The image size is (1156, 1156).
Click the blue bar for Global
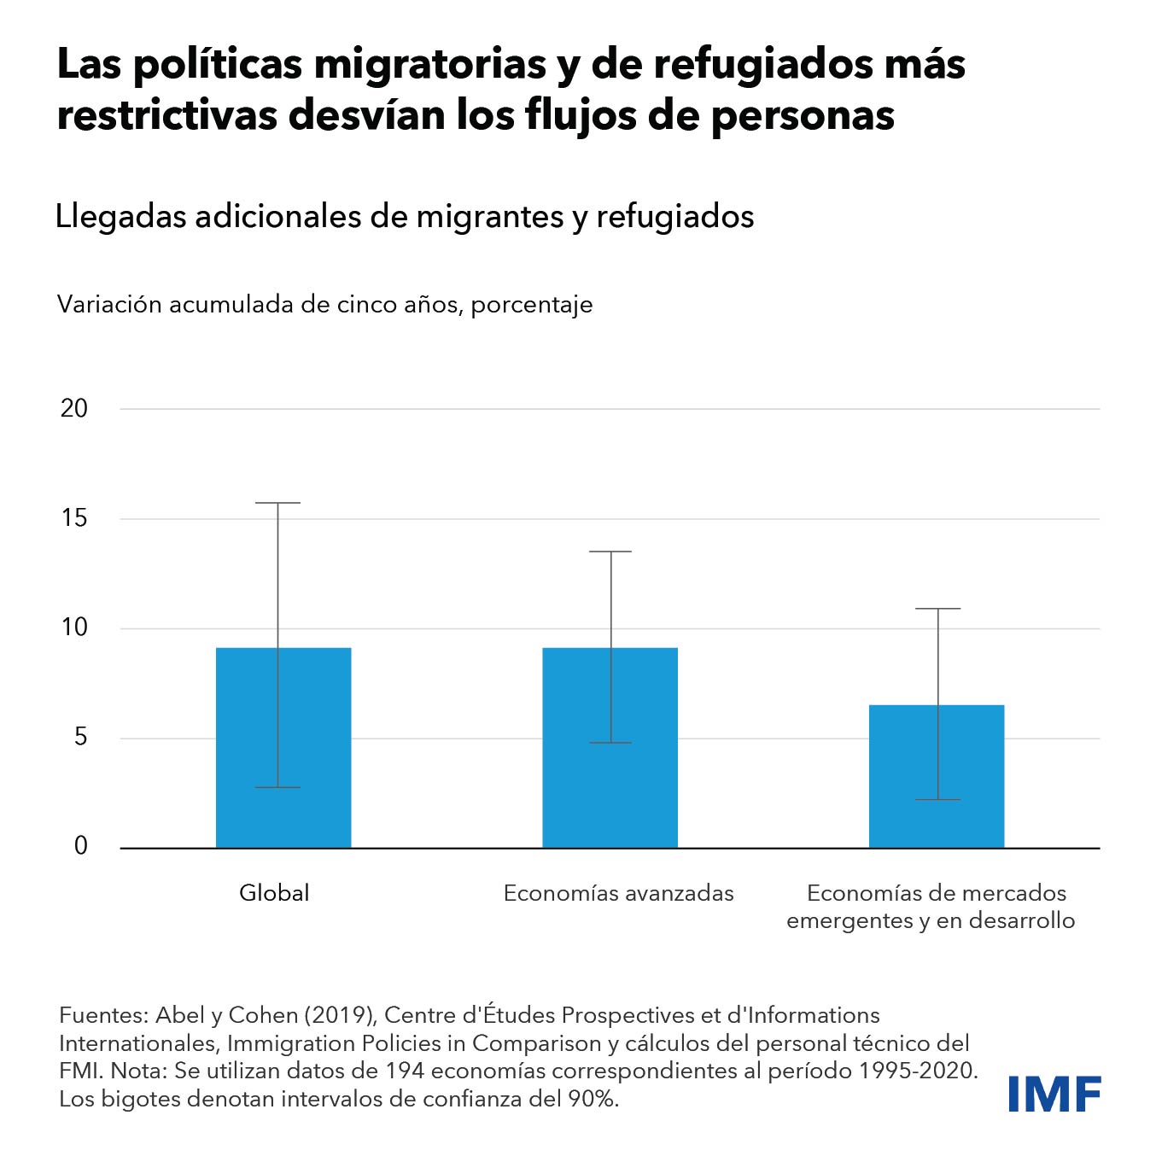[x=283, y=747]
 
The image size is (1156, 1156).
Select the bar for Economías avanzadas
[x=610, y=747]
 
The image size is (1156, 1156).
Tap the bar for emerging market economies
[x=937, y=776]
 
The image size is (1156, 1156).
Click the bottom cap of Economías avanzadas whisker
[x=611, y=743]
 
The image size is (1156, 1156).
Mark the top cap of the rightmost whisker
[x=938, y=609]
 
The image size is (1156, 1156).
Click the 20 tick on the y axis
[x=74, y=409]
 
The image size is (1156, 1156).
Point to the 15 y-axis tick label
[x=74, y=518]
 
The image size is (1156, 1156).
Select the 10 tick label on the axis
[x=74, y=628]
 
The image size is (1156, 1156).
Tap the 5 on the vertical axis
[x=80, y=737]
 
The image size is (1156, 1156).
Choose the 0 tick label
[x=81, y=846]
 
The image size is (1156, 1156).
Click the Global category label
[x=274, y=893]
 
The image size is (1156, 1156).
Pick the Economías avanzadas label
[x=618, y=893]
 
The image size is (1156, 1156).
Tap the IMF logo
[x=1054, y=1094]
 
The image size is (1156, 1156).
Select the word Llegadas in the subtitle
[x=120, y=217]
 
